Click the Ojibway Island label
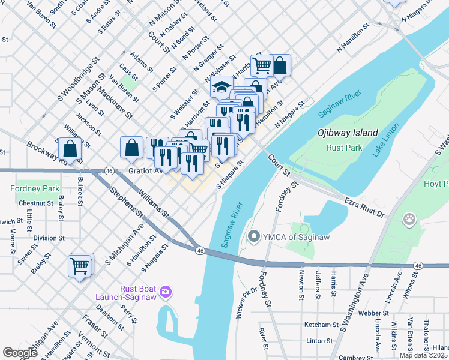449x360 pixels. [x=348, y=133]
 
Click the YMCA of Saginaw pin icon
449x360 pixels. [x=253, y=236]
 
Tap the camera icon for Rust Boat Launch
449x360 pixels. [x=165, y=292]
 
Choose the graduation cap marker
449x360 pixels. [x=221, y=88]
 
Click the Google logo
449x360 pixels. [x=20, y=352]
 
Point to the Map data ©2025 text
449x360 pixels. [x=423, y=355]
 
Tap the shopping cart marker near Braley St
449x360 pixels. [x=80, y=266]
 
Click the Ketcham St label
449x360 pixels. [x=322, y=325]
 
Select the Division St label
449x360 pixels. [x=49, y=238]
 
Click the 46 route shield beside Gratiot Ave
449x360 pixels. [x=109, y=171]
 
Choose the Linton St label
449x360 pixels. [x=319, y=340]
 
